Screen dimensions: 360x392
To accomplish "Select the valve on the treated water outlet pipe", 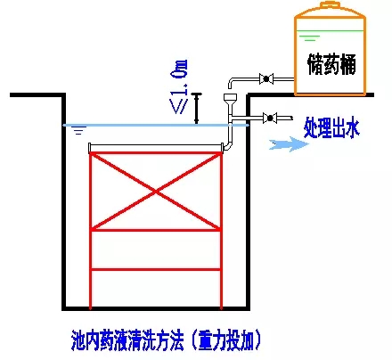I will coord(269,116).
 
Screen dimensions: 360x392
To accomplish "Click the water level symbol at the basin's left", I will coord(80,132).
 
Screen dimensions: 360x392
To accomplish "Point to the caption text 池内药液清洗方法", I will coord(124,340).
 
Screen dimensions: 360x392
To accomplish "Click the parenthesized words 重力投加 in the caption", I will coord(227,340).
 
